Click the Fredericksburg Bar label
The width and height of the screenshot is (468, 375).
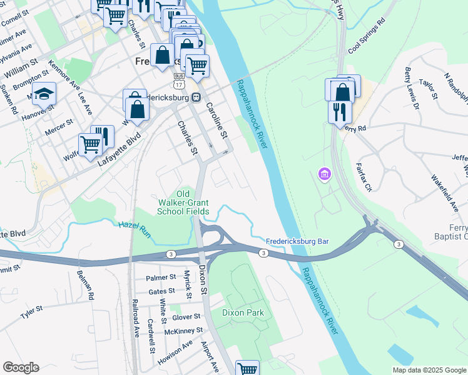point(297,241)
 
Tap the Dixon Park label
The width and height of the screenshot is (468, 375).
point(243,312)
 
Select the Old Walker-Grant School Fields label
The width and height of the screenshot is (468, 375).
point(183,203)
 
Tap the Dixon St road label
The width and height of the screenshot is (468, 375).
point(203,280)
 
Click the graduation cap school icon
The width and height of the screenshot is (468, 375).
point(44,94)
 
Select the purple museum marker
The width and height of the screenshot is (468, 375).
point(323,173)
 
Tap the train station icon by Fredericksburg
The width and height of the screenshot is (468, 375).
point(196,97)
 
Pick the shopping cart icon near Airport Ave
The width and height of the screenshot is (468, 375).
point(248,369)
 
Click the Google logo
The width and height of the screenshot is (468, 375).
point(21,367)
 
